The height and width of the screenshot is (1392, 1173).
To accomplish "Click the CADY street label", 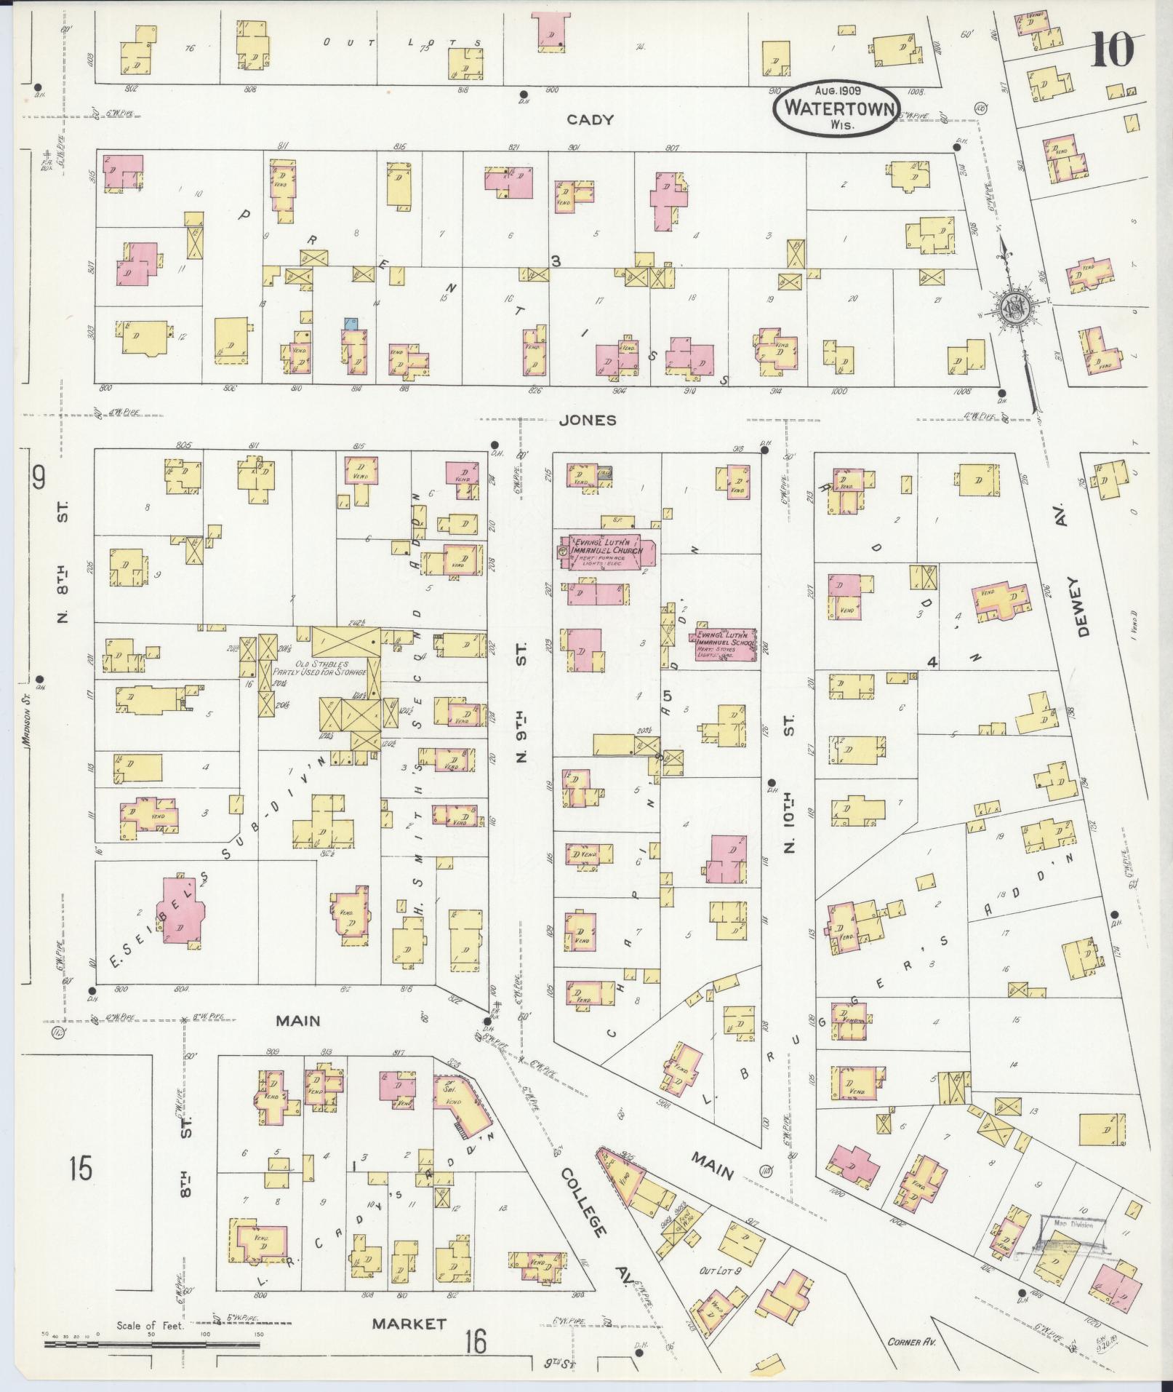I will (x=590, y=120).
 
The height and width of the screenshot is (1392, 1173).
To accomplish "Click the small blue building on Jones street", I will (x=352, y=323).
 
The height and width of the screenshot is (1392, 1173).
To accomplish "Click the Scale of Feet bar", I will (x=152, y=1345).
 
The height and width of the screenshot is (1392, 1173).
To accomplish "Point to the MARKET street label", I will (x=409, y=1324).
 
